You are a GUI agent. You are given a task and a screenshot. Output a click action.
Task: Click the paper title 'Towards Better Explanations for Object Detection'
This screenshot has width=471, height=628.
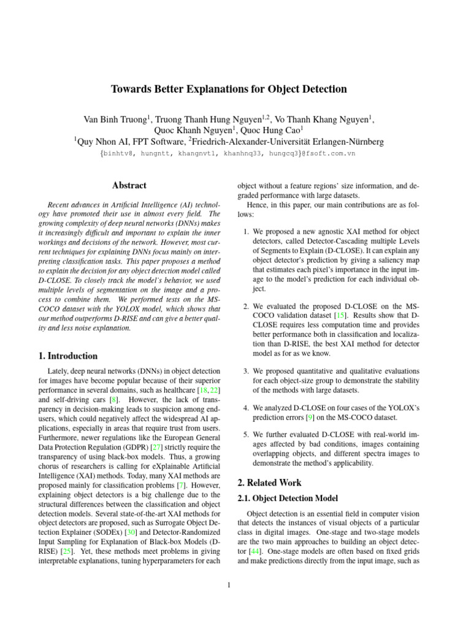229,89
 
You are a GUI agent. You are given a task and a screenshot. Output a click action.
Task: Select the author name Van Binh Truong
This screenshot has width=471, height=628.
118,119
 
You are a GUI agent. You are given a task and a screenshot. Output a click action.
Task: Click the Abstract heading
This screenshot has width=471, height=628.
129,185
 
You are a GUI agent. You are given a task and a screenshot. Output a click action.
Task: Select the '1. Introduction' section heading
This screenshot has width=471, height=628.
64,356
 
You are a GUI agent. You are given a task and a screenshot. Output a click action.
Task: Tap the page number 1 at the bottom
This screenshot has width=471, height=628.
228,584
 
